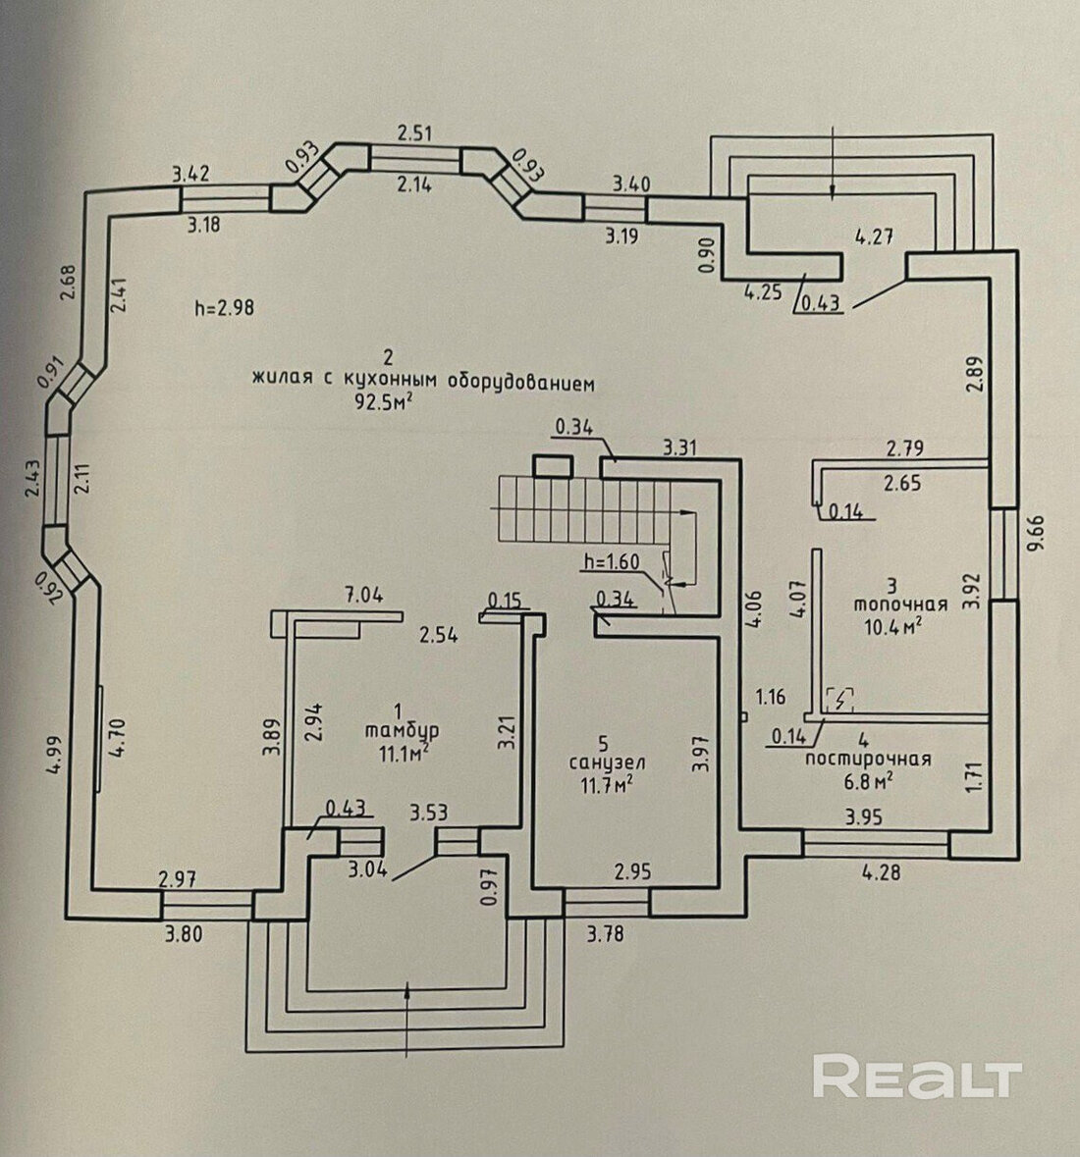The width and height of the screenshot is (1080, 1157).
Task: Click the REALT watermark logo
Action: [x=917, y=1077]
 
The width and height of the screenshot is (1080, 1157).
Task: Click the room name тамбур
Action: [x=401, y=730]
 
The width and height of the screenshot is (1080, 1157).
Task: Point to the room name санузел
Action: [x=601, y=762]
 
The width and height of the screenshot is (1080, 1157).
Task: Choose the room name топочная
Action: [x=891, y=604]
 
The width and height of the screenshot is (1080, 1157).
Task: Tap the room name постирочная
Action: [x=867, y=759]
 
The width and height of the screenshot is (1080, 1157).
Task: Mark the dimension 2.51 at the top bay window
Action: [x=415, y=132]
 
